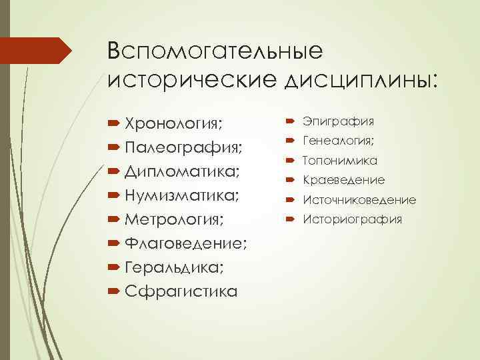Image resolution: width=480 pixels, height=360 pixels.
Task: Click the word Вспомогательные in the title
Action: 214,51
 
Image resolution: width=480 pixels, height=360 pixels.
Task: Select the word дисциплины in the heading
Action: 359,79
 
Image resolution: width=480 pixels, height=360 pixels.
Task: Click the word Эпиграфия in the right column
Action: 338,121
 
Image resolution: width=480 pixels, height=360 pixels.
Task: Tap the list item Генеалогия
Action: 339,141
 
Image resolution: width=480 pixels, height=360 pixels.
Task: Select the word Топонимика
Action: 340,161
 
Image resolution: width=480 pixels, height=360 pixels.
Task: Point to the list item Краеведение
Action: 343,180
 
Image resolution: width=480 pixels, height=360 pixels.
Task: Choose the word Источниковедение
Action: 359,200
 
